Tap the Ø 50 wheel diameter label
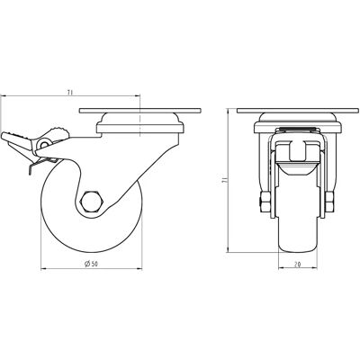[x=92, y=264]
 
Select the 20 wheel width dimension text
[x=298, y=264]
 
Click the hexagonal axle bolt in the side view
[x=93, y=202]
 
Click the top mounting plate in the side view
[x=140, y=111]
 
